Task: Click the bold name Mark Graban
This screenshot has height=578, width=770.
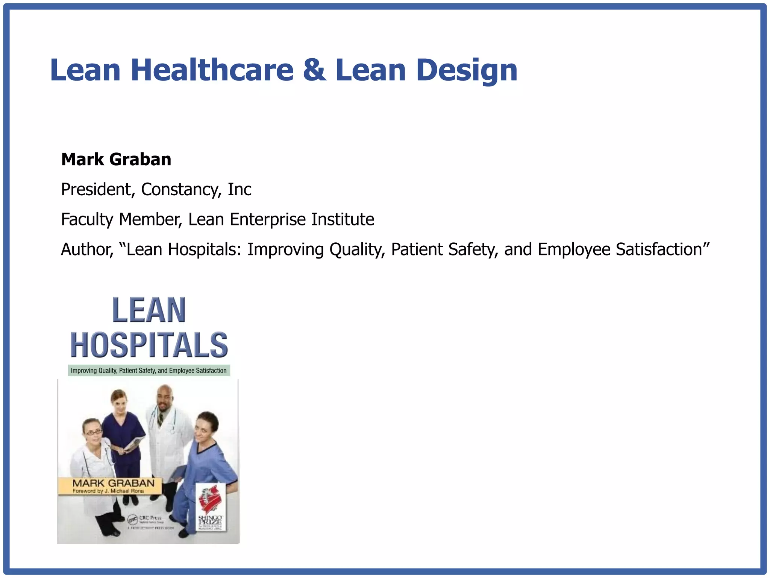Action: point(116,160)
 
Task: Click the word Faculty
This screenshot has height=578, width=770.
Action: point(87,219)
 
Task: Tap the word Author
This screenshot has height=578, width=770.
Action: point(87,249)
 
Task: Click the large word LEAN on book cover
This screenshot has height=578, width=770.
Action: point(149,310)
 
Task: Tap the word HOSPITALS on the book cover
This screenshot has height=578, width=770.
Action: point(149,345)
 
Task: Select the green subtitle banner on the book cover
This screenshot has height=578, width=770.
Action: point(149,371)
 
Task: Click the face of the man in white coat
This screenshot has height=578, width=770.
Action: point(164,399)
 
